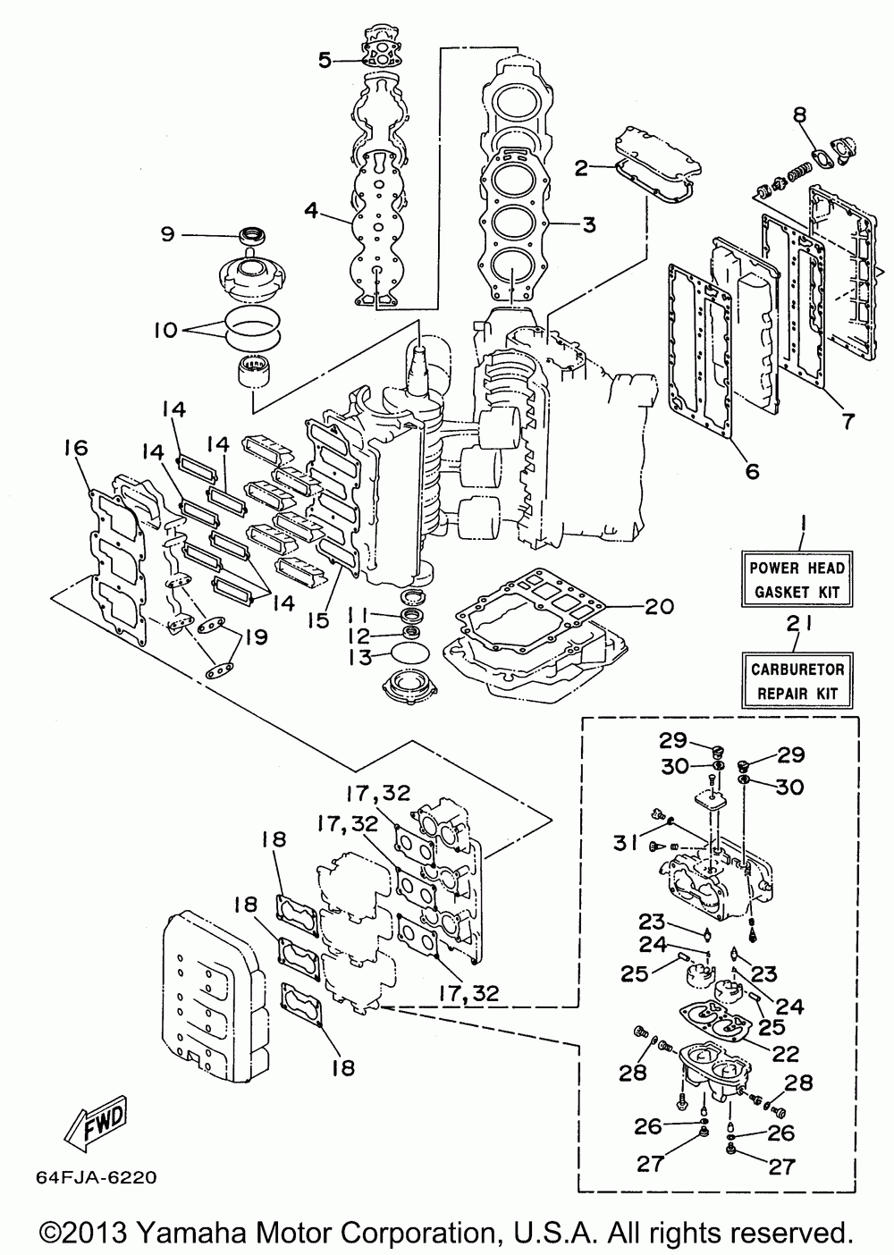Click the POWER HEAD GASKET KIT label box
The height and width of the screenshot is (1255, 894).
(x=797, y=578)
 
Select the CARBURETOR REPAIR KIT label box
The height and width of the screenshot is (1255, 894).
(x=797, y=681)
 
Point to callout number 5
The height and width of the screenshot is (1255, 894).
(x=325, y=60)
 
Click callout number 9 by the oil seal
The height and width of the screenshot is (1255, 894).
(x=167, y=233)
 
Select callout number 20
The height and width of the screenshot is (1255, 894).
(x=659, y=606)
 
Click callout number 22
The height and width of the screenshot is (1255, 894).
(x=785, y=1054)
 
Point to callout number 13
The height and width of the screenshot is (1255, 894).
(x=358, y=657)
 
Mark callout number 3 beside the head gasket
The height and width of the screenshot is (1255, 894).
(x=588, y=224)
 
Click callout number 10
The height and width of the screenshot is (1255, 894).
(x=166, y=330)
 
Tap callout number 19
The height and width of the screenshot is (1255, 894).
(x=256, y=637)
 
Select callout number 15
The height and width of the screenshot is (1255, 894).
(x=319, y=620)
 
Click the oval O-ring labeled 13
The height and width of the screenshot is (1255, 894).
(x=409, y=653)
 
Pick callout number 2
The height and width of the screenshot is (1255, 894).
(x=581, y=167)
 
